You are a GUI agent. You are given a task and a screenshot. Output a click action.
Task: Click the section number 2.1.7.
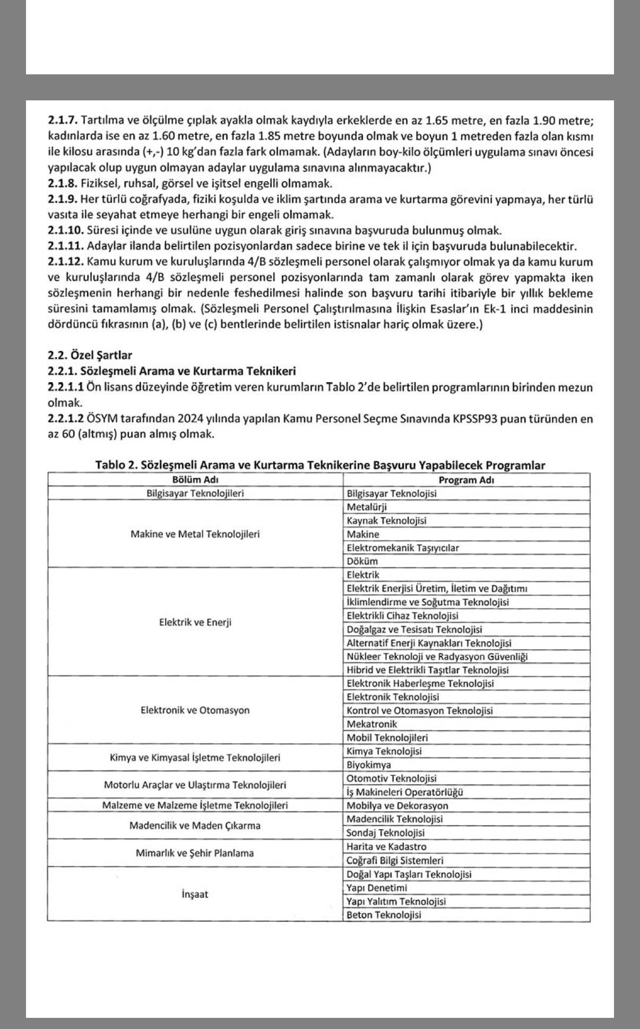tap(62, 121)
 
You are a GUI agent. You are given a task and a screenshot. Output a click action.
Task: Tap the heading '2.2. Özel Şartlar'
tap(90, 355)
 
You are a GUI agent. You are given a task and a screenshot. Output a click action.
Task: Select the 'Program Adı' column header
tap(466, 480)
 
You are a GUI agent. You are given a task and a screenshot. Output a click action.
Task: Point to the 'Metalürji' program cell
tap(366, 507)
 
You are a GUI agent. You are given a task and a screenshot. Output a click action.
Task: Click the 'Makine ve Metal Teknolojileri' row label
tap(195, 534)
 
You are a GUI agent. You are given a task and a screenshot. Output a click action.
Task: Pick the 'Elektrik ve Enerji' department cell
tap(195, 622)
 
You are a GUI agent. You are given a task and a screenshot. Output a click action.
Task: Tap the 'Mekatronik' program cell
tap(371, 724)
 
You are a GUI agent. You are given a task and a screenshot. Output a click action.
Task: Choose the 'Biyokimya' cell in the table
tap(369, 765)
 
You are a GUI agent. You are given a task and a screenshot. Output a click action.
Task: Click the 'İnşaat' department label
tap(195, 894)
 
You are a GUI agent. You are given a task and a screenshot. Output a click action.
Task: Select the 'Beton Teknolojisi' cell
tap(384, 915)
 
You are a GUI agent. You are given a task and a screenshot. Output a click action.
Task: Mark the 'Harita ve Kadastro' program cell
tap(386, 846)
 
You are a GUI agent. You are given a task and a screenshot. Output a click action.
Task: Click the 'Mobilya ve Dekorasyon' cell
tap(397, 805)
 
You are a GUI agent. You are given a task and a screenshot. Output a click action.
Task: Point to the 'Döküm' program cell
tap(362, 561)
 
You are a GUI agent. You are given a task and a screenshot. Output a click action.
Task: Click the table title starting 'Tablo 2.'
tap(320, 466)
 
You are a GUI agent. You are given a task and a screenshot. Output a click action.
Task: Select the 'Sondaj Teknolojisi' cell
tap(385, 833)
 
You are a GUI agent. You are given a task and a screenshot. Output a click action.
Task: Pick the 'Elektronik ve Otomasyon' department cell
tap(195, 710)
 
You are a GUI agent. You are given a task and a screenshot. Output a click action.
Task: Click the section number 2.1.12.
tap(65, 262)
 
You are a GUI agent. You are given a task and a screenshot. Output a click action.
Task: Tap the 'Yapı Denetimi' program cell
tap(377, 888)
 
